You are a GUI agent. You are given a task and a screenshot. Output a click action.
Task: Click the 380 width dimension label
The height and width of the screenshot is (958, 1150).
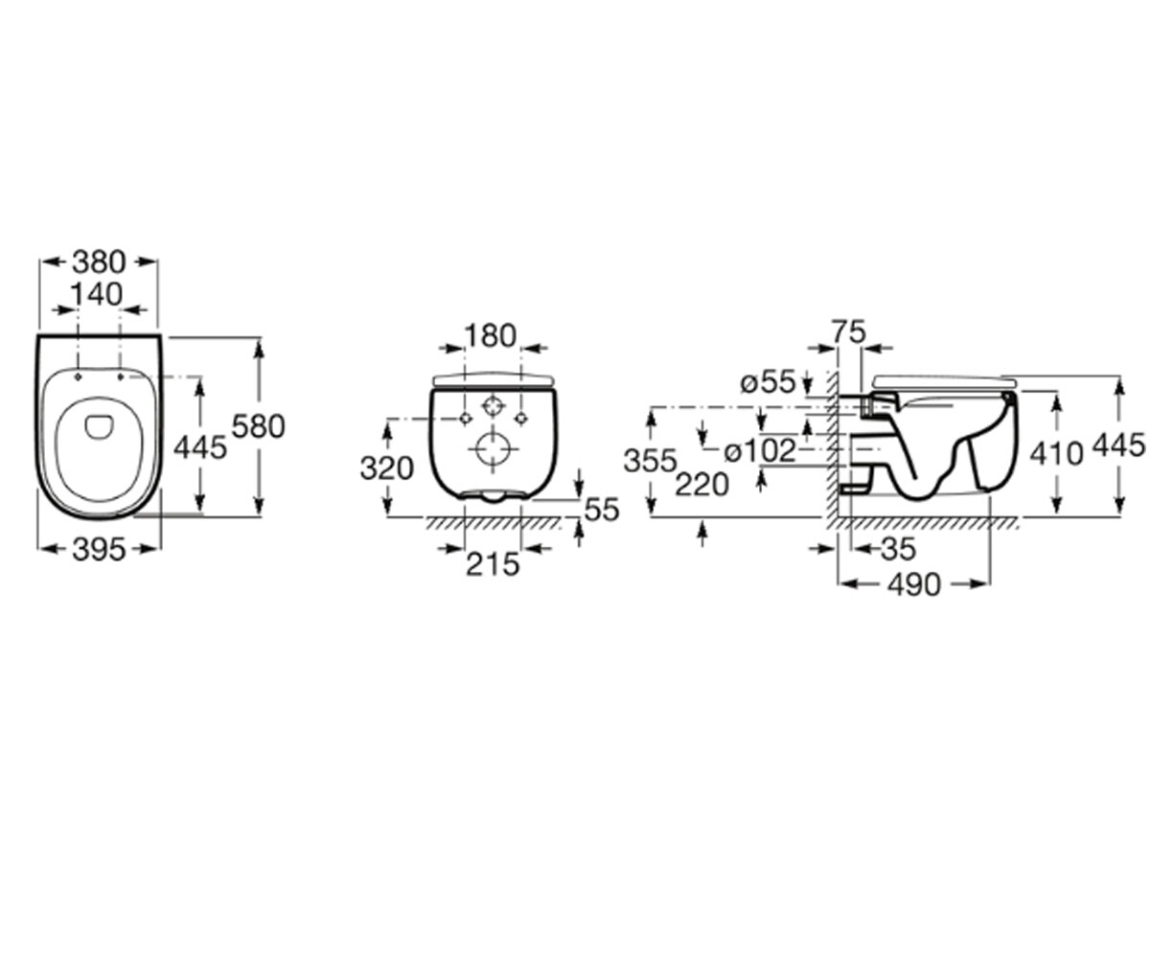tap(100, 262)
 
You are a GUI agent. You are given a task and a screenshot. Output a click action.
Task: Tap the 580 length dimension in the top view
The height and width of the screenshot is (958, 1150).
tap(259, 426)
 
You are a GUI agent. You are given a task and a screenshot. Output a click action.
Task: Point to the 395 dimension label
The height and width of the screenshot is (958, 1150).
tap(99, 549)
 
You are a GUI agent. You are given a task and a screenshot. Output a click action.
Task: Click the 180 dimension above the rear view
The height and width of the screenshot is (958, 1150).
tap(491, 335)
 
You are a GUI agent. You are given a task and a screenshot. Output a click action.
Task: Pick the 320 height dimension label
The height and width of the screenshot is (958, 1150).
tap(386, 469)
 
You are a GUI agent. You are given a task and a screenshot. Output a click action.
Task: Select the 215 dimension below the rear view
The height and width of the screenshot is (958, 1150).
tap(493, 564)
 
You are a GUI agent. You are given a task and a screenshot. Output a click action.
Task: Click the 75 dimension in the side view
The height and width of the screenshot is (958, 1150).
tap(849, 332)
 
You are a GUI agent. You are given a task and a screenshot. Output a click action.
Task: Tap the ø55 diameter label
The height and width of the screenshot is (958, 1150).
tap(769, 381)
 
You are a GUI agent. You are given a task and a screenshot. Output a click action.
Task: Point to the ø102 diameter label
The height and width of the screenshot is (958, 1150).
tap(761, 451)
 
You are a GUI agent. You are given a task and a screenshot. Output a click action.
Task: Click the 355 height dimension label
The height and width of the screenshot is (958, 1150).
tap(650, 461)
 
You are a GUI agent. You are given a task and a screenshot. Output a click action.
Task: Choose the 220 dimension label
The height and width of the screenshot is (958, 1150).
tap(702, 485)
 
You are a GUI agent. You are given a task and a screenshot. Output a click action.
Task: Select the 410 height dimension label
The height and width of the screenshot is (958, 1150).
tap(1056, 454)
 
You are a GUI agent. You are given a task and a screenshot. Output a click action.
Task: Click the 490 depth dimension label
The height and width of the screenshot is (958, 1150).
tap(914, 584)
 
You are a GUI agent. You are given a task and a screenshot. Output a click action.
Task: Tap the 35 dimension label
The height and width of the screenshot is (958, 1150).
tap(898, 549)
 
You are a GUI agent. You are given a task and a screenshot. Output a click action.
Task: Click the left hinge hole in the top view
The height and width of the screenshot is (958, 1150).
tap(79, 376)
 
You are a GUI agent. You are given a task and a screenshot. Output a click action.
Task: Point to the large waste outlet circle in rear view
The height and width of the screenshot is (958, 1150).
tap(494, 450)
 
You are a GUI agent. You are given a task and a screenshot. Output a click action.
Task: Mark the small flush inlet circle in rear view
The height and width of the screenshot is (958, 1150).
tap(493, 407)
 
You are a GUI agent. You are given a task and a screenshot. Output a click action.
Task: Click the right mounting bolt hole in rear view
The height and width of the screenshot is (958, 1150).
tap(521, 419)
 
